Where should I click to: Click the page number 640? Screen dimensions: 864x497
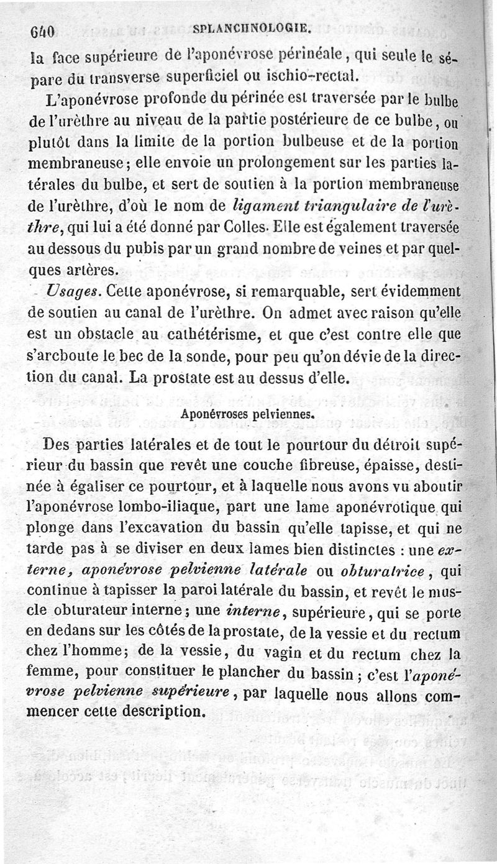point(43,30)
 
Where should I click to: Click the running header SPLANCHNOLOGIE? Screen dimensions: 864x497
point(252,28)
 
